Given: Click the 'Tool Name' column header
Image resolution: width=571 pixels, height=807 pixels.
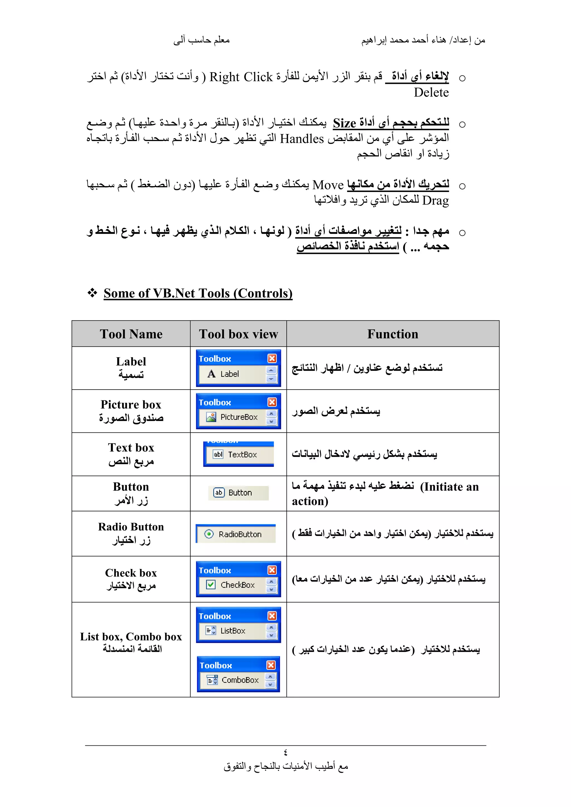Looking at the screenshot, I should [x=131, y=334].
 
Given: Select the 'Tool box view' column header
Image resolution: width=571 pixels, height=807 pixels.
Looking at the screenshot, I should [x=238, y=334].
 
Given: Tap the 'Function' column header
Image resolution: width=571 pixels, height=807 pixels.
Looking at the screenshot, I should [x=393, y=334].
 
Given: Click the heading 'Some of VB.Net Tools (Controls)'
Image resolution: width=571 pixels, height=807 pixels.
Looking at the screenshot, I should [x=198, y=293].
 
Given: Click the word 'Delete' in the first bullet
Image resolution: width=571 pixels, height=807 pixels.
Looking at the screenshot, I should [x=431, y=93].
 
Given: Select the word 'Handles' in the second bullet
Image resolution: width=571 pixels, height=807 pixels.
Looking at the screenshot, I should [x=302, y=139].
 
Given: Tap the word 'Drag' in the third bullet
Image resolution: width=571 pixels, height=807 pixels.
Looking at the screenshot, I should [x=435, y=200].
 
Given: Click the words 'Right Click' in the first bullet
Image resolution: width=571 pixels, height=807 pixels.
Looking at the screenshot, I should [x=241, y=77].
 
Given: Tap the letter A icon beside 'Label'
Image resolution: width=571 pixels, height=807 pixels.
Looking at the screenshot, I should [x=211, y=374].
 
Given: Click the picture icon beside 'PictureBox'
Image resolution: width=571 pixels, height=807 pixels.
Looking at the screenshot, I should [x=211, y=417].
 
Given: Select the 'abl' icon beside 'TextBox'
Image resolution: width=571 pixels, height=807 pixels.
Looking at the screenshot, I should [x=218, y=454].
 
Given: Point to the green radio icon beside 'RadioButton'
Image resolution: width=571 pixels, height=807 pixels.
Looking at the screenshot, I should [x=209, y=534].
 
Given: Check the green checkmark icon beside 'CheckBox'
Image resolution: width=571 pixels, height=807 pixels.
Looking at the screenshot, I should [x=211, y=585].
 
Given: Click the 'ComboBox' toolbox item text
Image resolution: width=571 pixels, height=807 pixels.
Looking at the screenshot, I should [x=240, y=680].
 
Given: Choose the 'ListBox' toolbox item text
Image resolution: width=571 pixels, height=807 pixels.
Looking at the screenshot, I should [x=233, y=631].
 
